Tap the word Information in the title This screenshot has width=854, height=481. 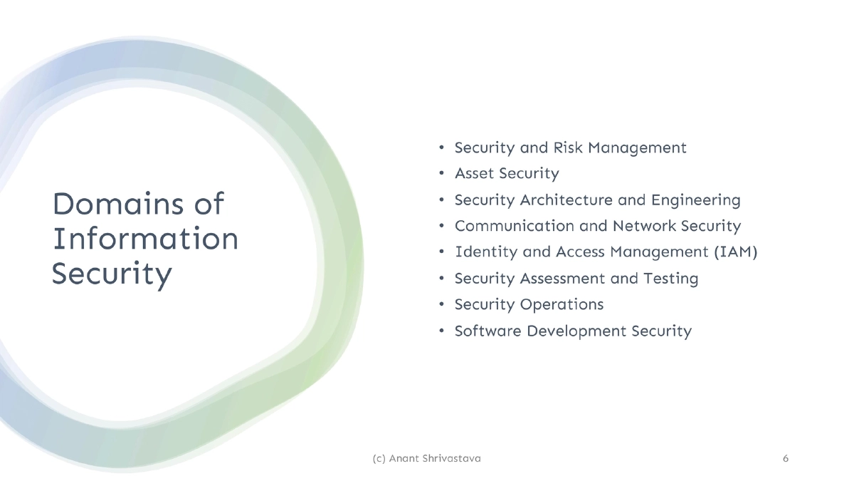tap(146, 239)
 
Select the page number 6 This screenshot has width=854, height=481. tap(786, 458)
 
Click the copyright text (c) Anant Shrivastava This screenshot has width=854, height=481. tap(426, 458)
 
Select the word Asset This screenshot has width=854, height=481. tap(475, 173)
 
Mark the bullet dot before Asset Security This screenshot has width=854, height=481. tap(442, 174)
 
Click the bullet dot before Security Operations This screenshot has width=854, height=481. tap(442, 305)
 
